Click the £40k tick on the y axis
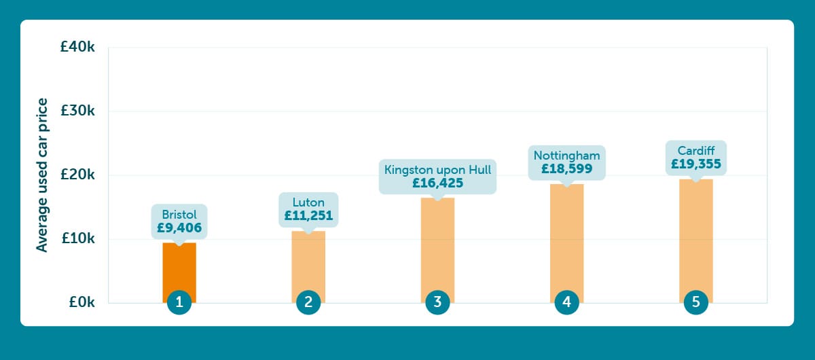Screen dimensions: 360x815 [x=77, y=48]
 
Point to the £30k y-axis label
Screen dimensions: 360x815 [x=77, y=111]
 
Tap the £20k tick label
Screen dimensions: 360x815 [x=77, y=175]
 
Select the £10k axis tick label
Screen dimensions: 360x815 [x=77, y=239]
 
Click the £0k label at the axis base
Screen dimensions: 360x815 [x=81, y=303]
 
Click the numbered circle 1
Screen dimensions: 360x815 [x=179, y=302]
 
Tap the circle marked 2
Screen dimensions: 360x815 [x=308, y=302]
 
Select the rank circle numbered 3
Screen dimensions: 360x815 [x=437, y=302]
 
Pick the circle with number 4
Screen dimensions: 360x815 [x=566, y=302]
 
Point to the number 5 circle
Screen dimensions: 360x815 [x=695, y=302]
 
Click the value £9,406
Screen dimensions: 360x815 [x=179, y=228]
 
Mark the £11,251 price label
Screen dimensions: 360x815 [x=308, y=216]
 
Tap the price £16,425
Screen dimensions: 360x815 [x=437, y=183]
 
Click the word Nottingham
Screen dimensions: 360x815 [x=566, y=156]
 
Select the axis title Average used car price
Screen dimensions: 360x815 [x=43, y=175]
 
